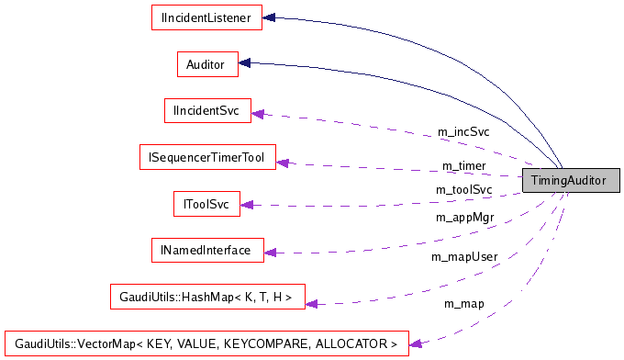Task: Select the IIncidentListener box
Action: (206, 17)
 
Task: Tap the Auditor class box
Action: (206, 64)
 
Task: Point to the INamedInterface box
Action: (206, 250)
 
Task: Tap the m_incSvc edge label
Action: (462, 132)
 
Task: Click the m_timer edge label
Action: (463, 165)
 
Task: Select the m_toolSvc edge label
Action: (463, 189)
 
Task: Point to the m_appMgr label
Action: (463, 218)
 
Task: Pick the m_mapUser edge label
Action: (463, 256)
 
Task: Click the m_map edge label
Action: (463, 303)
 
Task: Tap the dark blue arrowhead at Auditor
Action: (245, 63)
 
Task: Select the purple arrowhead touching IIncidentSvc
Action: (258, 113)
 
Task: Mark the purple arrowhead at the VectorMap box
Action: (415, 343)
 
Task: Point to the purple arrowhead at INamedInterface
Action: (270, 252)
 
